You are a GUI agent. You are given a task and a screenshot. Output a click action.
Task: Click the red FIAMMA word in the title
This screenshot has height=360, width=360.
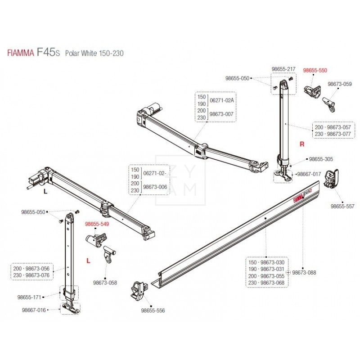click(20, 53)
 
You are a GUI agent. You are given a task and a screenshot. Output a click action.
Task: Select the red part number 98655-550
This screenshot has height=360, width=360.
click(315, 71)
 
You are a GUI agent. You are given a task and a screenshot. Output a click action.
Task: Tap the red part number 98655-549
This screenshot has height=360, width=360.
click(97, 223)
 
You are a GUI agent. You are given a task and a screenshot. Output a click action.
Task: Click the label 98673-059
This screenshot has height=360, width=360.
click(340, 84)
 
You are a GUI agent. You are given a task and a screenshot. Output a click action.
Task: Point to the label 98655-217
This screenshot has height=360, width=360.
click(283, 69)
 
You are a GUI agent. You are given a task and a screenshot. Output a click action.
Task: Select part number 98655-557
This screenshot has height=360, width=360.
click(343, 206)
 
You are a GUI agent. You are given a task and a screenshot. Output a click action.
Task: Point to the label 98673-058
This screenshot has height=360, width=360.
click(105, 283)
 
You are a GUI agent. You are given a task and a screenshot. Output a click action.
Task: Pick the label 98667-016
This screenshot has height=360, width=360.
click(34, 310)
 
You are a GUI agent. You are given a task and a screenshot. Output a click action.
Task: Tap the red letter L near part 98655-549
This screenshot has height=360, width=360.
click(89, 260)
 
